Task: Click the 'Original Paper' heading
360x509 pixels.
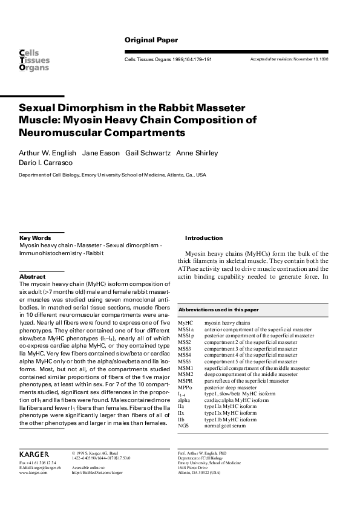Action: coord(151,41)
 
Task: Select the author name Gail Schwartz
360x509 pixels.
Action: coord(147,153)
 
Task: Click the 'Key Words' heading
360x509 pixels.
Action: coord(35,238)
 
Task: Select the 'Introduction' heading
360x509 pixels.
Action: coord(204,238)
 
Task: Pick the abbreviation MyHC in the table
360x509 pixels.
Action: coord(185,324)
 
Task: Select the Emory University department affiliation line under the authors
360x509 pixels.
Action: coord(113,175)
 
